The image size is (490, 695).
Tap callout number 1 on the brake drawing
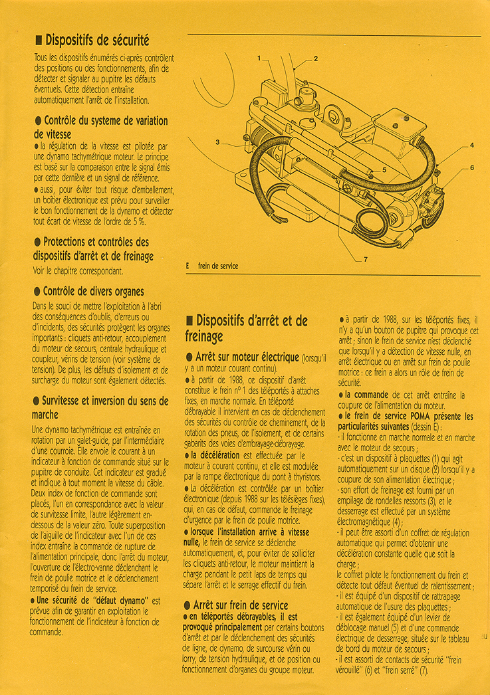pyautogui.click(x=259, y=58)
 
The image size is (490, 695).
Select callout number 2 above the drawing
pyautogui.click(x=316, y=58)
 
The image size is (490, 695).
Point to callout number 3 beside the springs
pyautogui.click(x=217, y=142)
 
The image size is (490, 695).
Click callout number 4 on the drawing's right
pyautogui.click(x=471, y=145)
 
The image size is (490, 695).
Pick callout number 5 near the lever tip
pyautogui.click(x=384, y=170)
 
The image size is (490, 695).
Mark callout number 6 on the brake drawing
pyautogui.click(x=472, y=167)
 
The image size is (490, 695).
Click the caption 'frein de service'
pyautogui.click(x=218, y=266)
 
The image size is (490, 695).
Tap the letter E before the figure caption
pyautogui.click(x=188, y=266)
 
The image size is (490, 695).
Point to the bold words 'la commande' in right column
pyautogui.click(x=367, y=395)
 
